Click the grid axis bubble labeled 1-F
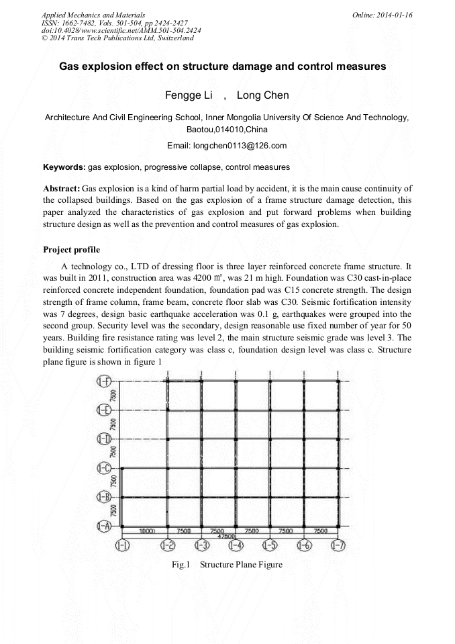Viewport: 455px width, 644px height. point(104,382)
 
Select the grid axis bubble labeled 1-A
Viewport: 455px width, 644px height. point(104,526)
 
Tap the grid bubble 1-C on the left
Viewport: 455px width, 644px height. point(104,468)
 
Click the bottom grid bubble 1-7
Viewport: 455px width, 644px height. point(340,545)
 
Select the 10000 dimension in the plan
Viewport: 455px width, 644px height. point(148,531)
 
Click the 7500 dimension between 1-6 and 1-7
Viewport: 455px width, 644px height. point(321,531)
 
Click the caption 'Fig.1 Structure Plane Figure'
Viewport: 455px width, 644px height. point(227,565)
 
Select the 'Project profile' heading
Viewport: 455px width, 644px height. point(71,250)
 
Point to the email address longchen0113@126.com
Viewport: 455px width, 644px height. point(245,146)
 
